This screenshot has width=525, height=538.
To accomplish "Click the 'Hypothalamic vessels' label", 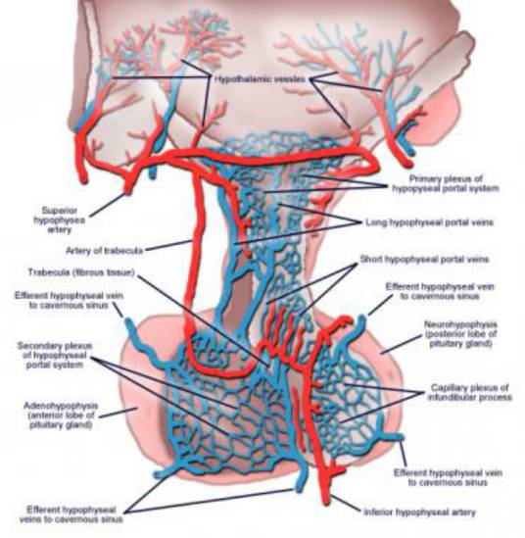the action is [260, 79].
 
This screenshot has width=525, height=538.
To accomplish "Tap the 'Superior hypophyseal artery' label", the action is [59, 220].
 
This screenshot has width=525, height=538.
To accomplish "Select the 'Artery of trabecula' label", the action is [104, 251].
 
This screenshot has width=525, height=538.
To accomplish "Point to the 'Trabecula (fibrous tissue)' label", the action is [81, 272].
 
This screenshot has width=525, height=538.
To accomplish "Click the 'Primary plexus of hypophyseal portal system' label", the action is [445, 183].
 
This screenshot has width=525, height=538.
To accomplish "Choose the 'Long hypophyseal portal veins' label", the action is [429, 222].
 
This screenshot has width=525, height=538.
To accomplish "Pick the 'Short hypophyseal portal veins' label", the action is [424, 259].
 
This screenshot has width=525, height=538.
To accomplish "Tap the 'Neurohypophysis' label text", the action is [460, 324].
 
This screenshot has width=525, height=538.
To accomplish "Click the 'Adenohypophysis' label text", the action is [61, 406].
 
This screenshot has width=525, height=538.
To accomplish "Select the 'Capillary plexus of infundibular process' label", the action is [469, 393].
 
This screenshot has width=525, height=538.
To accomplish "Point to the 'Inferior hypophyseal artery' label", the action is [419, 513].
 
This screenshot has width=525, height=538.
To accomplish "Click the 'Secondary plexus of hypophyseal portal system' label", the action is [55, 355].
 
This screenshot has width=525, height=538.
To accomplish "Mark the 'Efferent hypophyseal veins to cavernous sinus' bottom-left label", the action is [71, 514].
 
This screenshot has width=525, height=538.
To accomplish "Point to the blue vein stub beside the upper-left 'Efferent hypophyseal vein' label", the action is [130, 328].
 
